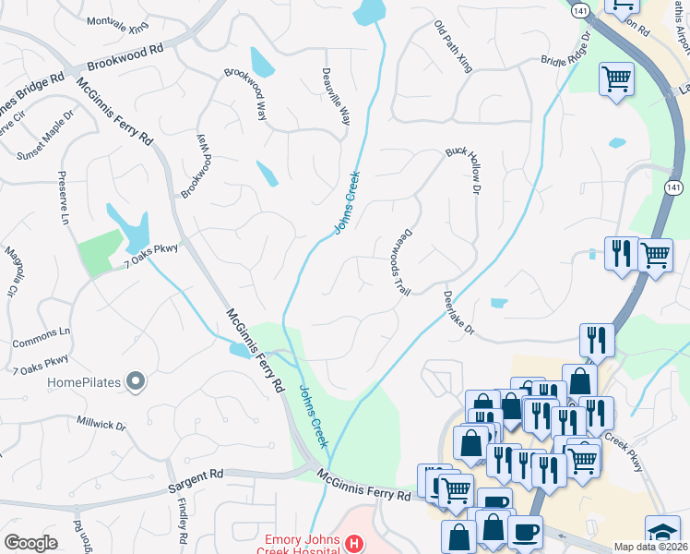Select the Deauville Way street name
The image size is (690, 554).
point(336,96)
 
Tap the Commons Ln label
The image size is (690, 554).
point(42,337)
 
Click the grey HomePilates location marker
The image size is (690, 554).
point(136,381)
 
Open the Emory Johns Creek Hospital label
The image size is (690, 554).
point(302,539)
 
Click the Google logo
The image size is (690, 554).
point(30,543)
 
